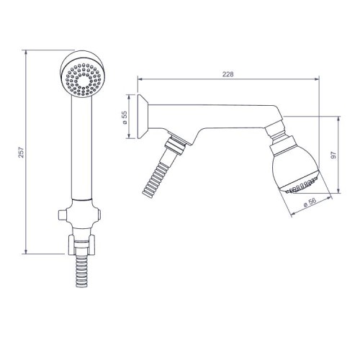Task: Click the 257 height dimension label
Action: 22,152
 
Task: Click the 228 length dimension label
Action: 228,74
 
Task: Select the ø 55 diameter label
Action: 125,117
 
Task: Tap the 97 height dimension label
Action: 334,155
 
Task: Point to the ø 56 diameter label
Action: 310,202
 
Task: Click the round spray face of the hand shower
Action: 83,79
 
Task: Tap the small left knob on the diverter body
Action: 62,214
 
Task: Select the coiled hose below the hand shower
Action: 81,271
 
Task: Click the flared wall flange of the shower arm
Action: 142,117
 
